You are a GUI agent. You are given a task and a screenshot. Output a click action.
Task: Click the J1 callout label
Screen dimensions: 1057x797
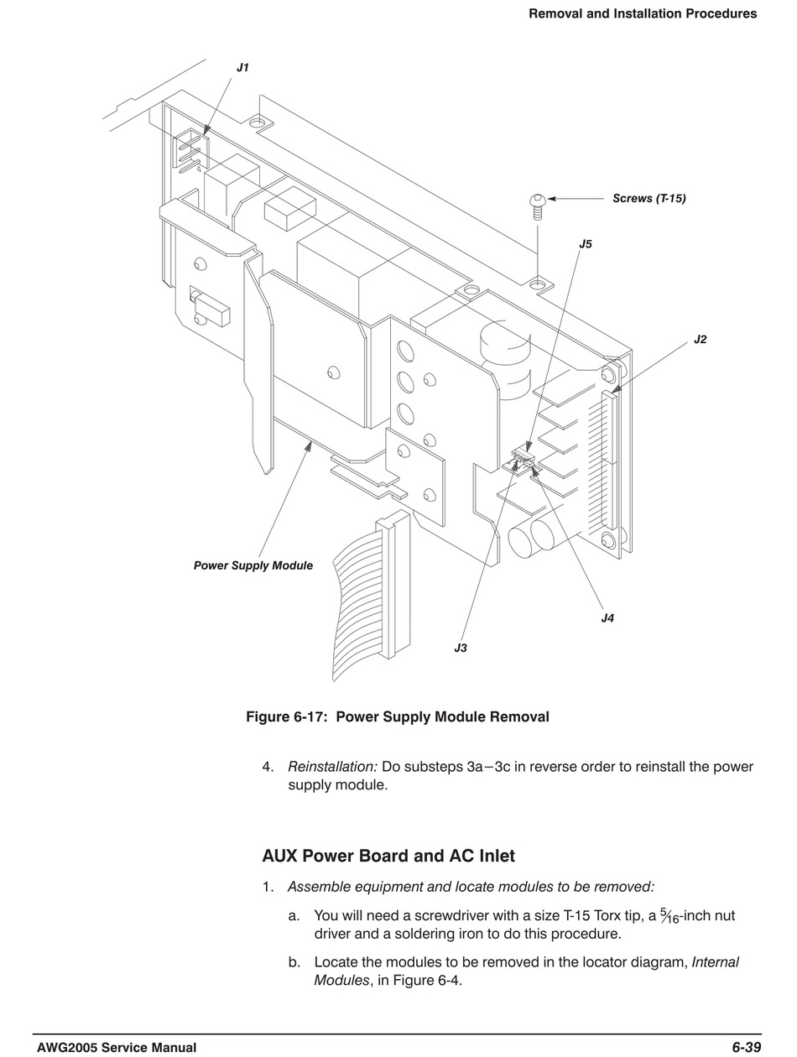(242, 68)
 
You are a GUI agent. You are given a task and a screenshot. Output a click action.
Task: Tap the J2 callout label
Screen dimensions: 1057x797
(700, 340)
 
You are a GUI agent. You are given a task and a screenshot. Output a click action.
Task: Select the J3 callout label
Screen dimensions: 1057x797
(461, 648)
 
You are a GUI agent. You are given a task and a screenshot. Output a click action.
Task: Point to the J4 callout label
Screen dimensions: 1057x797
(607, 618)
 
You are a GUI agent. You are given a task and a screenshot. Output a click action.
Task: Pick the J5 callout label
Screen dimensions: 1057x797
(586, 244)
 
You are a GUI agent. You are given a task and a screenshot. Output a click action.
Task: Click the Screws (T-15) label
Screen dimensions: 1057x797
(649, 199)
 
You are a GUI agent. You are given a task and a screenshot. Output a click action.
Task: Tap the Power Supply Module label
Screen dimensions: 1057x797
(253, 565)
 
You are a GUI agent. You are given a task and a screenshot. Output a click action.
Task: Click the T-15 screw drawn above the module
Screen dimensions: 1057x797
(538, 204)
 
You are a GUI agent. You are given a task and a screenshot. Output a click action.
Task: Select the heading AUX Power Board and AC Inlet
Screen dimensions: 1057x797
(388, 856)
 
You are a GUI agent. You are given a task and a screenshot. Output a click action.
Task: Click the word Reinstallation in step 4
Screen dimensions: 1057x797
(331, 767)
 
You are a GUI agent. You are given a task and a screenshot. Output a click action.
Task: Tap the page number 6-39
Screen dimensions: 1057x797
(746, 1047)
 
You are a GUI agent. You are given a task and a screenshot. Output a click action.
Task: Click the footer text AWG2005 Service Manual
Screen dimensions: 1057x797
(117, 1047)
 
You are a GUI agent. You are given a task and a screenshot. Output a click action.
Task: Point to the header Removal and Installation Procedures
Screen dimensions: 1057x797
(642, 13)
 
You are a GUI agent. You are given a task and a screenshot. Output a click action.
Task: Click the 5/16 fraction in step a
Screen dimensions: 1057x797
(669, 916)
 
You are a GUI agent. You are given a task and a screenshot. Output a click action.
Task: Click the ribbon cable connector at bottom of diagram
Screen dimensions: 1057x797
(392, 587)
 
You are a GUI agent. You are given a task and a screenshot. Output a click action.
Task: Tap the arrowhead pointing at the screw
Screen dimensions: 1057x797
(553, 199)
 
